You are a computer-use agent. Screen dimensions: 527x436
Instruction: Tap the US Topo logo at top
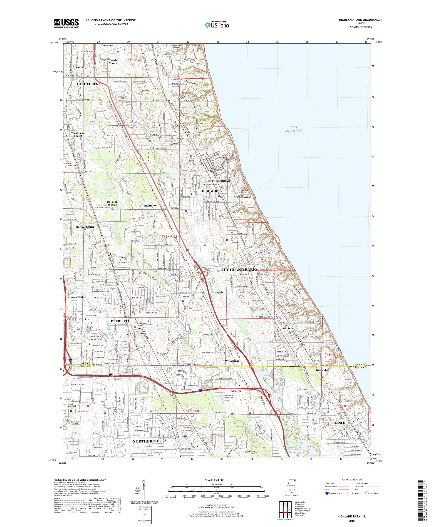217,25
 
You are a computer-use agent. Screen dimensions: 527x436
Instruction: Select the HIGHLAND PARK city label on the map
239,270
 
